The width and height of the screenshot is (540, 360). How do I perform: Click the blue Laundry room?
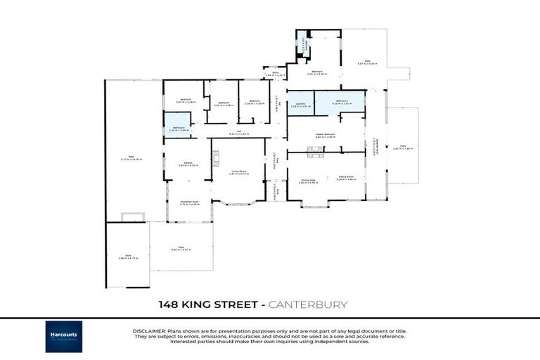tap(300, 105)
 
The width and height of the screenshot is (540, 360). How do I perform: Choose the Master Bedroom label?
tap(324, 135)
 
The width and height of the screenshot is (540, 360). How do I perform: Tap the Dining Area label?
tap(309, 181)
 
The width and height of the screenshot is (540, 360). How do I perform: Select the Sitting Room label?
tap(346, 179)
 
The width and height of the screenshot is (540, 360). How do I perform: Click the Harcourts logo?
tap(64, 336)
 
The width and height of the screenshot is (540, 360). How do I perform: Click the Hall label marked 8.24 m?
tap(239, 132)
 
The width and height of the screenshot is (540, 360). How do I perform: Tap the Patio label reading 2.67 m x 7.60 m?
tap(402, 148)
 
